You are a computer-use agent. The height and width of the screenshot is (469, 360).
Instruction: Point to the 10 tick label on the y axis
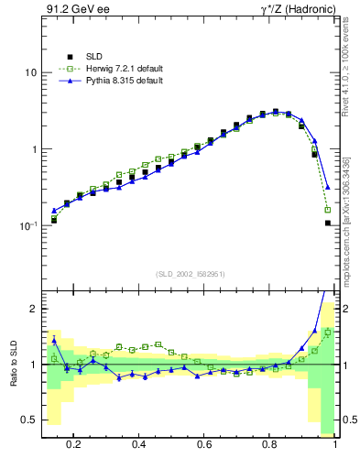coord(30,72)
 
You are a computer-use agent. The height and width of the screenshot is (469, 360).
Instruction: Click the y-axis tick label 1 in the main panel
coord(33,149)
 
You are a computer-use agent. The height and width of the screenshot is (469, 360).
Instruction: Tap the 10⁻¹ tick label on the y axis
coord(28,225)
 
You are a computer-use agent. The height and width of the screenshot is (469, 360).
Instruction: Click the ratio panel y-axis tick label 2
coord(33,310)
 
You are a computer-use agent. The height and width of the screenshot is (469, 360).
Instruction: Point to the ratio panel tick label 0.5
coord(29,420)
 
